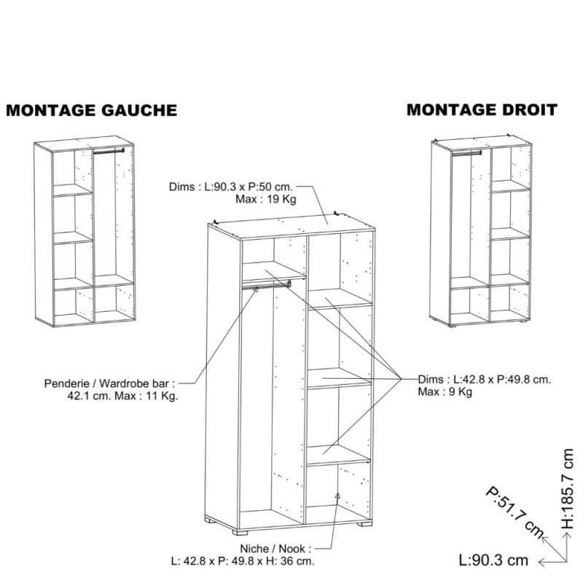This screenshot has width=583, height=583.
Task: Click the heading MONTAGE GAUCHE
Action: click(92, 111)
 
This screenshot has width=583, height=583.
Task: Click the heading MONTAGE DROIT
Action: click(482, 110)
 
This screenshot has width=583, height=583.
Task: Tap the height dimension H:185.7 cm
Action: click(568, 488)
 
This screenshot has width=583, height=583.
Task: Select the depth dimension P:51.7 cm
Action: click(514, 512)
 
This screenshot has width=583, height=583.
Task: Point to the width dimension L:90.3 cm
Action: click(493, 560)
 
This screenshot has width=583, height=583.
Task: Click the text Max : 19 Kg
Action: click(266, 199)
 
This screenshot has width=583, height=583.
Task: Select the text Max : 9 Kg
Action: click(445, 391)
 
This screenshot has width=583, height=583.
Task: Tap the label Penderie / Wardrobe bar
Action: click(110, 383)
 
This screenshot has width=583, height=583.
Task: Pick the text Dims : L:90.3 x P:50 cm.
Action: click(231, 187)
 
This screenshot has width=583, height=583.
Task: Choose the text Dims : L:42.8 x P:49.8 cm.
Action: click(484, 379)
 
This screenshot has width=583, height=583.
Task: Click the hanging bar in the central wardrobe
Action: click(266, 285)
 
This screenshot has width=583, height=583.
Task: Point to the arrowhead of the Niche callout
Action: click(337, 496)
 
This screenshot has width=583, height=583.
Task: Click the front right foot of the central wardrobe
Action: click(365, 524)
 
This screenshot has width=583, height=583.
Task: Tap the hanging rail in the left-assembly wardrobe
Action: click(109, 151)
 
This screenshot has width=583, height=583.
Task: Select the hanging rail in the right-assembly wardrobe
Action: click(466, 152)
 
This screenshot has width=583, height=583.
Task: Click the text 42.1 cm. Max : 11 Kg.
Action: click(122, 396)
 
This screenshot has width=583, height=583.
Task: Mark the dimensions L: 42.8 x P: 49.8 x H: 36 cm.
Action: click(243, 560)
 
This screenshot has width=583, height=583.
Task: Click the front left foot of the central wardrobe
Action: click(240, 532)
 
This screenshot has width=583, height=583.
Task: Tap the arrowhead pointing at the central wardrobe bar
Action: click(256, 289)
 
